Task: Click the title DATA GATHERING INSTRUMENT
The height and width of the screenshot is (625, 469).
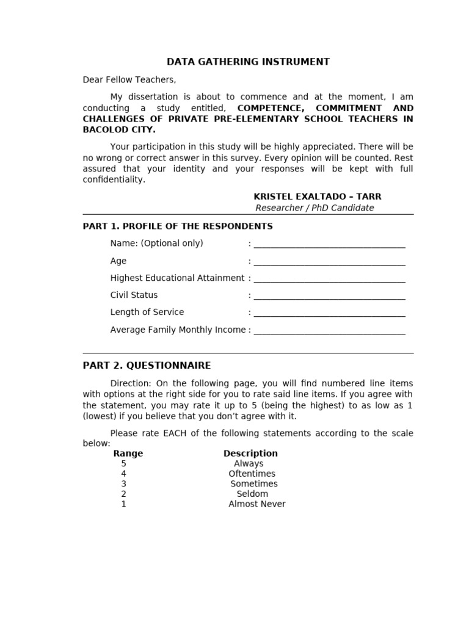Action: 248,62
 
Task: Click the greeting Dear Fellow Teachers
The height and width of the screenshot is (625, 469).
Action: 129,80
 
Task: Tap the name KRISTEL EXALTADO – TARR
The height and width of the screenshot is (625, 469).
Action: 317,197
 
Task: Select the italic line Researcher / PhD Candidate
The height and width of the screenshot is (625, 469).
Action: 314,208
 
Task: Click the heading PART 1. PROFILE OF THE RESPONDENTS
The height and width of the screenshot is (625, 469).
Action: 178,226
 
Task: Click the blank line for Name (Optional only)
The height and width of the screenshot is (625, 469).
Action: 329,245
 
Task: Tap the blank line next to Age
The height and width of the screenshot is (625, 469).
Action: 329,262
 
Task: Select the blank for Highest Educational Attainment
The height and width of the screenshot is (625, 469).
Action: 329,279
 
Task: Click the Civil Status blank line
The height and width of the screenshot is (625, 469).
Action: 329,296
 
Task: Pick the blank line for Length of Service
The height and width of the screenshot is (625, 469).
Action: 329,313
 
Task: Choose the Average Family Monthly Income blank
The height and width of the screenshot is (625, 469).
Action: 329,331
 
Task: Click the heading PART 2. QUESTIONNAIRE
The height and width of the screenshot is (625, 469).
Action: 147,366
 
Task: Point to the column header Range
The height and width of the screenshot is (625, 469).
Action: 128,453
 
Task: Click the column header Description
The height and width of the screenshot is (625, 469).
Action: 250,453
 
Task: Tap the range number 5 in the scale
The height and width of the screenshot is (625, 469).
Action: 124,464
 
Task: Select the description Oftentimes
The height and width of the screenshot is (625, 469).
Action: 252,474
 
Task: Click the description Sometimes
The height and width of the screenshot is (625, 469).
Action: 254,484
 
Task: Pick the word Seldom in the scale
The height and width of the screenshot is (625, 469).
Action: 252,494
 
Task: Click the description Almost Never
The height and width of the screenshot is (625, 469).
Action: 257,504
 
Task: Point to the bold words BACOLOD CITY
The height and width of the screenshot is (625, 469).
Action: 119,130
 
